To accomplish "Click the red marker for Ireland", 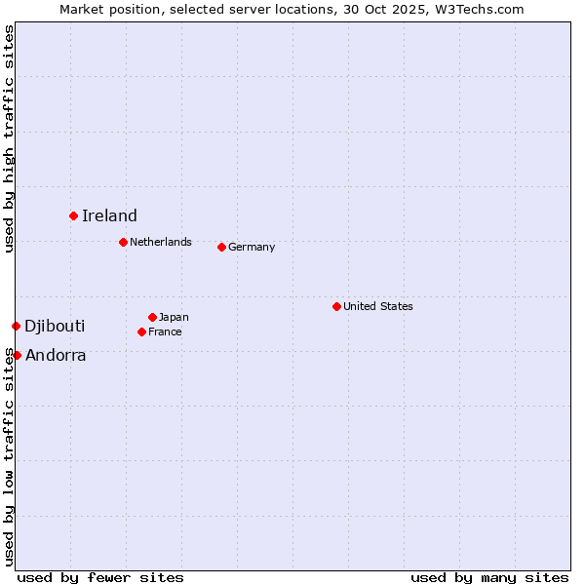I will pos(73,215).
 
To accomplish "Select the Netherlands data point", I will pos(123,242).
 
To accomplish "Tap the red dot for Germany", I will pos(221,247).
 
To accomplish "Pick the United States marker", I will pos(336,306).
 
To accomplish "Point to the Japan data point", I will pos(152,317).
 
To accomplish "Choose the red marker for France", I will pos(141,331).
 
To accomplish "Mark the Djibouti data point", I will pos(16,326).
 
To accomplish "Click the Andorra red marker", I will pos(17,355).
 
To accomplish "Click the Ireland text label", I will pos(109,216).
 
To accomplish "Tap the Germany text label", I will pos(252,248).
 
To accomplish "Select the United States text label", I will pos(378,306).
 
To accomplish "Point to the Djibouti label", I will pos(55,326).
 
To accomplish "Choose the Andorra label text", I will pos(56,356).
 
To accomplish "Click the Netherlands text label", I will pos(161,242).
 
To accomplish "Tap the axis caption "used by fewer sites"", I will pos(100,577).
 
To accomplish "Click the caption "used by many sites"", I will pos(489,577).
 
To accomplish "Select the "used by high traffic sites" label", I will pos(10,138).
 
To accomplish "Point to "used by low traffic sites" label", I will pos(10,456).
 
